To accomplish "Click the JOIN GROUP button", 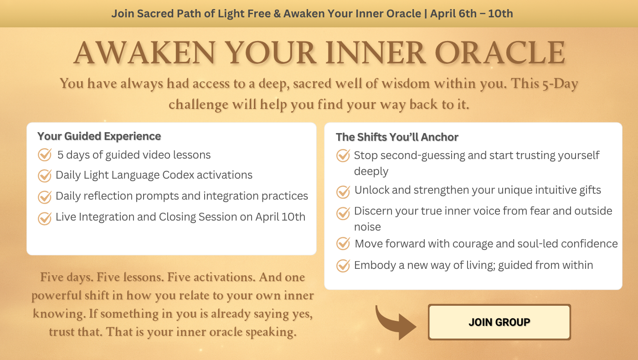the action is point(499,322).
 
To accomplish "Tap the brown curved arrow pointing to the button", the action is point(393,324).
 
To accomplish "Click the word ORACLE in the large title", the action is point(500,53).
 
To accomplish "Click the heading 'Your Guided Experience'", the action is point(99,136).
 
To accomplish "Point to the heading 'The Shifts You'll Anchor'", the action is point(397,137).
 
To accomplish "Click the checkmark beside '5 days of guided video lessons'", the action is point(45,154).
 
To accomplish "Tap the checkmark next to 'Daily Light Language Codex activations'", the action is point(45,175).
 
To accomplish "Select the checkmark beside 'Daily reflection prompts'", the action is point(45,196).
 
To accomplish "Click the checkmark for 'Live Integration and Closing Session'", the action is point(45,218).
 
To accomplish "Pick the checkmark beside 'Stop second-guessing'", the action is point(343,155).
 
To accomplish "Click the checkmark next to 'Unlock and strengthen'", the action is point(343,191).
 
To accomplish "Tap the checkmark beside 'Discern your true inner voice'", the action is point(343,213).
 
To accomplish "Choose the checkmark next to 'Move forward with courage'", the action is point(343,243).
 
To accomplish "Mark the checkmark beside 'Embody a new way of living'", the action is point(343,265).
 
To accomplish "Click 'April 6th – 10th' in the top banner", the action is point(472,14).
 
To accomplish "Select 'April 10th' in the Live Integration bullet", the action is point(280,217).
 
